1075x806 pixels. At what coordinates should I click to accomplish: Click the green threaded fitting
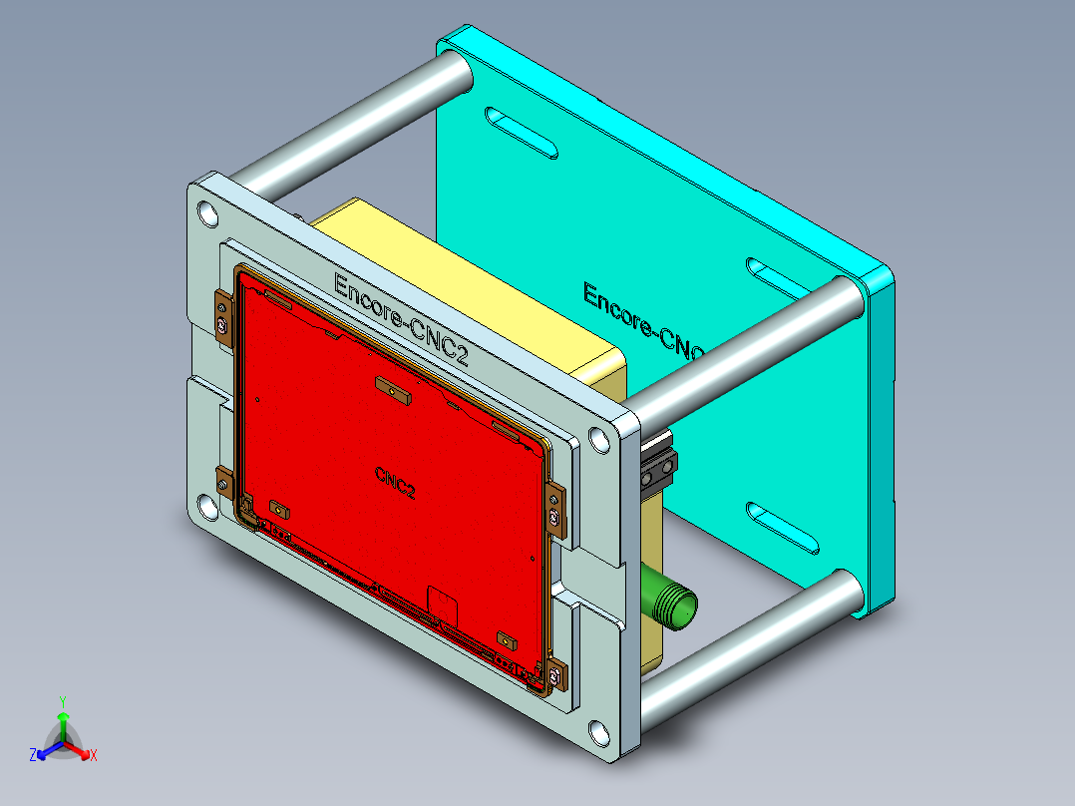click(x=671, y=601)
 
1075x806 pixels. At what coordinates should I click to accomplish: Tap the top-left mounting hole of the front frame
click(x=207, y=213)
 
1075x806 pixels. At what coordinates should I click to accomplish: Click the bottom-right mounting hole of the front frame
click(x=598, y=733)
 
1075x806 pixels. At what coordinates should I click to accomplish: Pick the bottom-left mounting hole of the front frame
click(x=207, y=510)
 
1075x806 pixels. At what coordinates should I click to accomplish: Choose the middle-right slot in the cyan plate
click(x=783, y=281)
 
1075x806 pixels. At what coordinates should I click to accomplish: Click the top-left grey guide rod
click(x=349, y=125)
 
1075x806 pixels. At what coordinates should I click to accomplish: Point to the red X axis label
click(x=94, y=756)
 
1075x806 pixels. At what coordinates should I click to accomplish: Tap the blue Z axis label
click(x=33, y=756)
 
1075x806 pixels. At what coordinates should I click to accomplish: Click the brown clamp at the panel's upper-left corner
click(x=223, y=320)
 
